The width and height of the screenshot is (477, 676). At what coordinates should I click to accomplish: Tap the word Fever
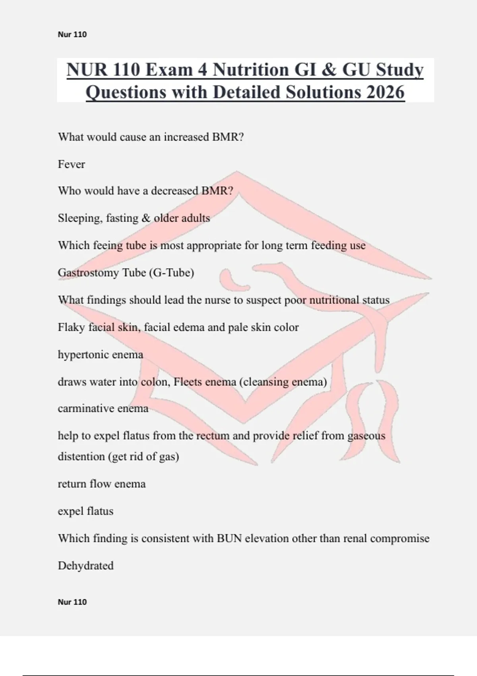click(x=72, y=164)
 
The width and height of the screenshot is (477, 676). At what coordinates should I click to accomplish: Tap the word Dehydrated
click(x=86, y=566)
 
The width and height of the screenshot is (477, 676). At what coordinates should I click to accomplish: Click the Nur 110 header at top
click(x=72, y=35)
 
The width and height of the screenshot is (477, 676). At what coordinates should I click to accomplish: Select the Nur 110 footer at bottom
click(x=72, y=602)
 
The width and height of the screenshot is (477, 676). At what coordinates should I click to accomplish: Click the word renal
click(x=355, y=538)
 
